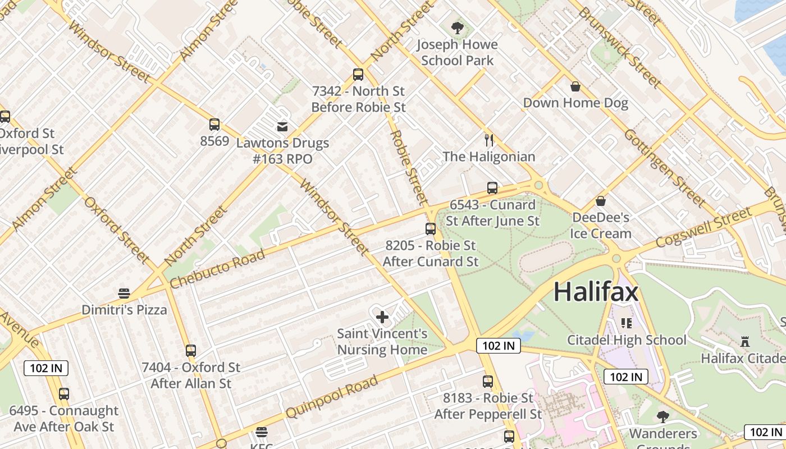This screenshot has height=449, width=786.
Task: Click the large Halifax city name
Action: [x=596, y=292]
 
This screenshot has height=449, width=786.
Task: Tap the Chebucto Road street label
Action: [x=217, y=269]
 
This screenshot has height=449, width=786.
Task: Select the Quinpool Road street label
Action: [x=331, y=397]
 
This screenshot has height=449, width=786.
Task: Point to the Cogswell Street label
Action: [x=703, y=227]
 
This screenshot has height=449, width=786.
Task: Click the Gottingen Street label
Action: [x=664, y=167]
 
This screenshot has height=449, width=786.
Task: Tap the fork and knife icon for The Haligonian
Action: [x=489, y=140]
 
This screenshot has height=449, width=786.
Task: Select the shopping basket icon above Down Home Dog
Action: [x=575, y=86]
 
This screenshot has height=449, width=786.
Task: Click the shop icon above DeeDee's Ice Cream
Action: [x=601, y=200]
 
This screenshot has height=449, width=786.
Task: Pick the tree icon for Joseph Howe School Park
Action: [x=458, y=28]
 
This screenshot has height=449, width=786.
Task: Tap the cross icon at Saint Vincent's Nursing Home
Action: [x=382, y=317]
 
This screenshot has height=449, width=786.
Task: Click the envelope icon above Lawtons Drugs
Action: [x=282, y=127]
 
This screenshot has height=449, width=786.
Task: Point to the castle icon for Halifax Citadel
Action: [x=745, y=341]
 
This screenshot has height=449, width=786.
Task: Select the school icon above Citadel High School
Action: [x=626, y=323]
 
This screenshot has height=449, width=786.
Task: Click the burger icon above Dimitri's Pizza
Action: [x=124, y=293]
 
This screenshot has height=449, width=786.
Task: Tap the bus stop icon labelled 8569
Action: [x=214, y=125]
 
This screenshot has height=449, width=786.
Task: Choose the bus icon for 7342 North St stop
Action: [x=358, y=74]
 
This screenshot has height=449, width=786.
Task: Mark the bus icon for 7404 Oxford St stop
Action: [x=191, y=351]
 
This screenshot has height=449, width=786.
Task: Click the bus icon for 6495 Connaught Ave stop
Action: [x=64, y=394]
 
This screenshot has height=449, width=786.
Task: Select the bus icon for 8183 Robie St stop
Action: [x=488, y=382]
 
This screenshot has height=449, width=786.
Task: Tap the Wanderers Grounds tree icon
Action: [x=662, y=416]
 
